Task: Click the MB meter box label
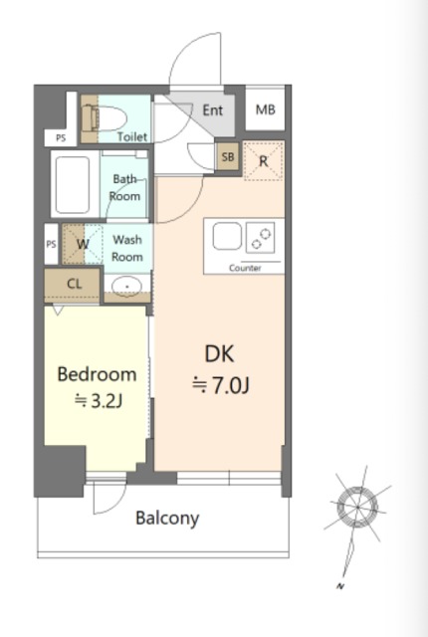[265, 109]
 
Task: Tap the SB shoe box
[227, 157]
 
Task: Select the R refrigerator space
[264, 161]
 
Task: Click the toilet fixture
[105, 118]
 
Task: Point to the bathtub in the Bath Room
[73, 185]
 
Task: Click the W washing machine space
[83, 244]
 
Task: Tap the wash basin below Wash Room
[127, 286]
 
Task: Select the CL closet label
[74, 284]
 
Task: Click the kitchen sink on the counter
[227, 236]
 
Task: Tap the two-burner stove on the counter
[261, 238]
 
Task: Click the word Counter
[245, 268]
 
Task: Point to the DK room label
[219, 354]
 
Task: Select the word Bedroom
[97, 374]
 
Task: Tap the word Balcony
[167, 519]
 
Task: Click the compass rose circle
[357, 507]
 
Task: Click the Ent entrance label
[213, 110]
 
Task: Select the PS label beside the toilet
[61, 138]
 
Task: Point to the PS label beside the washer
[51, 244]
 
